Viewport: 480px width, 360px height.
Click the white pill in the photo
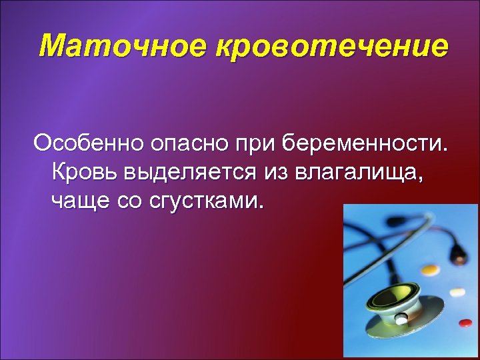(x=457, y=292)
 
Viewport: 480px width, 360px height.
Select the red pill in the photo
(x=465, y=323)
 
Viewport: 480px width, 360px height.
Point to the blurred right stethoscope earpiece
(x=459, y=252)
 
